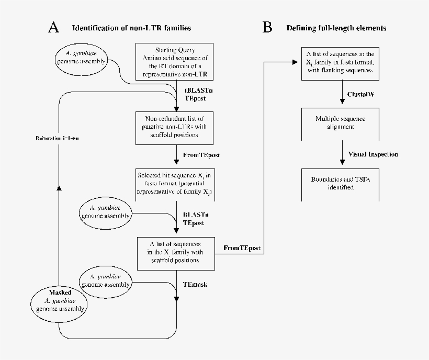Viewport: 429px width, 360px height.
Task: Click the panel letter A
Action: pos(53,28)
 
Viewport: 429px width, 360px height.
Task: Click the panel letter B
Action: pos(267,28)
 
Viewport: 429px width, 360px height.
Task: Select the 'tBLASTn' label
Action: pos(198,91)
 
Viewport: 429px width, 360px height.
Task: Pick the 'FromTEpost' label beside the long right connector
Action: pos(242,248)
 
